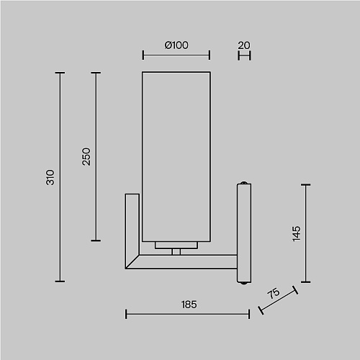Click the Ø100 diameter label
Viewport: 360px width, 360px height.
[x=176, y=45]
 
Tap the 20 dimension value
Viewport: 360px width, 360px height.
[x=244, y=45]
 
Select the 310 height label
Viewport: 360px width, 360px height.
[x=50, y=177]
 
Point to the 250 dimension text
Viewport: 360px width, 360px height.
[x=86, y=156]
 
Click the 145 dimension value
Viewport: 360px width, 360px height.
[x=297, y=233]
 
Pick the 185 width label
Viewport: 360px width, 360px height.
[x=189, y=305]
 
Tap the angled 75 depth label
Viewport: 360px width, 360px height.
[x=274, y=293]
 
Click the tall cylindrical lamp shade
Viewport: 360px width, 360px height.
[x=176, y=156]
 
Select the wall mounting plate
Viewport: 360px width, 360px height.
[x=244, y=233]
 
